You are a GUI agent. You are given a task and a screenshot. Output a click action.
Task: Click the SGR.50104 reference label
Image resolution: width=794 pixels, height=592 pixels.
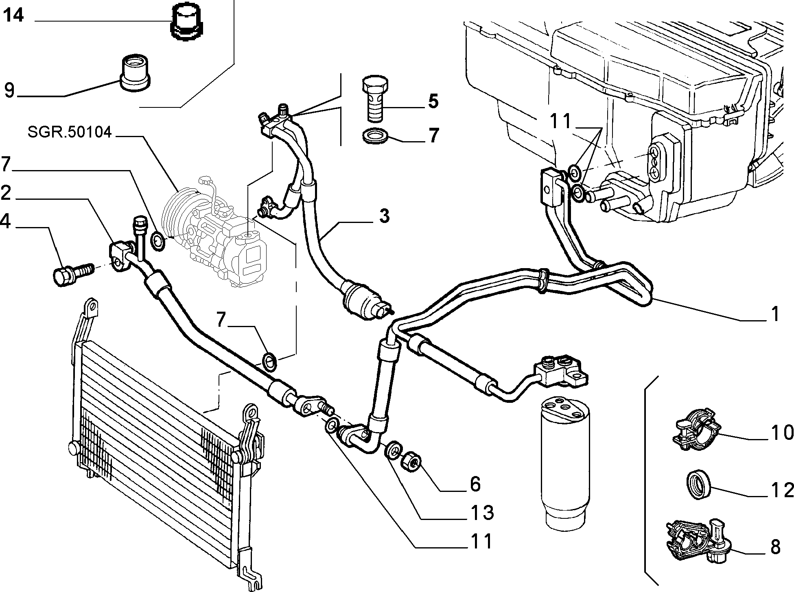point(70,132)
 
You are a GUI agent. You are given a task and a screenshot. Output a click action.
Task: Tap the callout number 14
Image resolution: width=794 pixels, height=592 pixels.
point(13,15)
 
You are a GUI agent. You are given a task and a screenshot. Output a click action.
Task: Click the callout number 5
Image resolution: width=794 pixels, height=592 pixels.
point(433,101)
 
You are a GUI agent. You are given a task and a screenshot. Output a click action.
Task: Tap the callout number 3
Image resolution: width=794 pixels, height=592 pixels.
point(384,216)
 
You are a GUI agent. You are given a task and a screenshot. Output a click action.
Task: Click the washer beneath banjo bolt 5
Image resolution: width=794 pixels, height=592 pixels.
point(374,135)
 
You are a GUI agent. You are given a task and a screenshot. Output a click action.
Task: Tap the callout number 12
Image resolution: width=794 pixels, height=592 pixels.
point(782,490)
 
